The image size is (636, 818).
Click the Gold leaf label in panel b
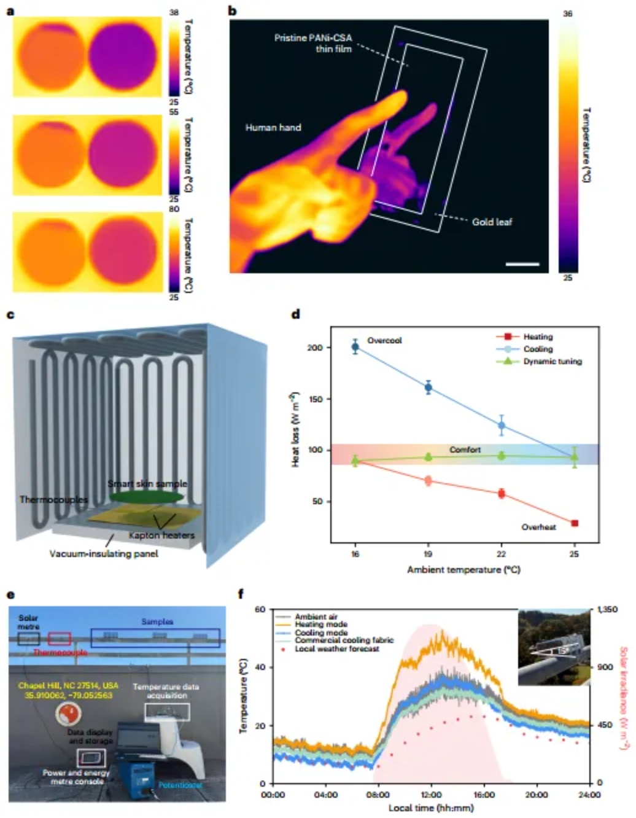click(492, 222)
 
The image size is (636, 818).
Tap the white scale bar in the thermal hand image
click(522, 264)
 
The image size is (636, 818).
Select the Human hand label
click(273, 128)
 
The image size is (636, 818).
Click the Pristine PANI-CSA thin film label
click(314, 43)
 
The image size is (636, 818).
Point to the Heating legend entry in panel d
click(538, 337)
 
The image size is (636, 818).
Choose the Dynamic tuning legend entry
click(552, 361)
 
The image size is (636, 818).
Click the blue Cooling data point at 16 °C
click(355, 347)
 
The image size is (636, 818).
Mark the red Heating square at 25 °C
click(575, 523)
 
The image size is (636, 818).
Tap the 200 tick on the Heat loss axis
click(315, 348)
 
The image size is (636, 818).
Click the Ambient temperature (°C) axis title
click(463, 569)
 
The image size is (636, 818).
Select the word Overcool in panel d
click(384, 340)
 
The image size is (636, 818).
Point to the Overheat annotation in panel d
click(538, 527)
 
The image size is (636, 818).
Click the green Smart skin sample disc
click(147, 497)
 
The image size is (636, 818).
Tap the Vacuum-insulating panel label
click(104, 554)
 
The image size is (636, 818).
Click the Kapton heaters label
click(161, 536)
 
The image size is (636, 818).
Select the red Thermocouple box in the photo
click(59, 639)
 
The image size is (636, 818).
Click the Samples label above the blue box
click(157, 621)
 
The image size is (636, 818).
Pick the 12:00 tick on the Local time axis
click(432, 795)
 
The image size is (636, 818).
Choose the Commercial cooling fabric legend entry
click(344, 640)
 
